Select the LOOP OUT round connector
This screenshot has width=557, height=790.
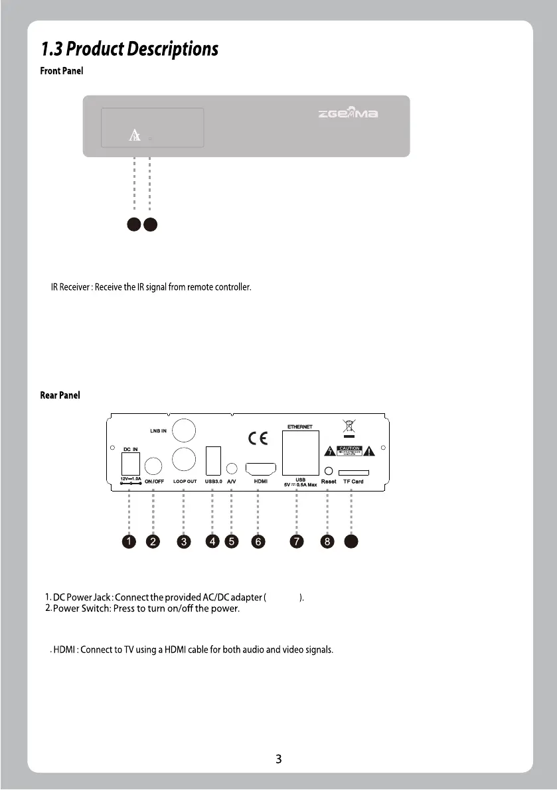point(183,460)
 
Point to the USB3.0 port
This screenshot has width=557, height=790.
point(213,461)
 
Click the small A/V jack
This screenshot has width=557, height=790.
point(232,468)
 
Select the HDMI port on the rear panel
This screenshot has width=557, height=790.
point(261,469)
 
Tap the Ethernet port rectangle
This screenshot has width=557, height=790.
point(301,452)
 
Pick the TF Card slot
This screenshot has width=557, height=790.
point(353,473)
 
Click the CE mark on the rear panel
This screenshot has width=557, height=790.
point(258,438)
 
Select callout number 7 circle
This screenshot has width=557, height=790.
point(297,541)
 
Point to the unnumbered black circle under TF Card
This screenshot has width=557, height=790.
point(352,541)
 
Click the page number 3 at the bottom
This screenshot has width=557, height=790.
point(279,759)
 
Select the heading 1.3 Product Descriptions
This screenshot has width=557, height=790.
point(129,49)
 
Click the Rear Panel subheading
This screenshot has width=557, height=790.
point(60,395)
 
